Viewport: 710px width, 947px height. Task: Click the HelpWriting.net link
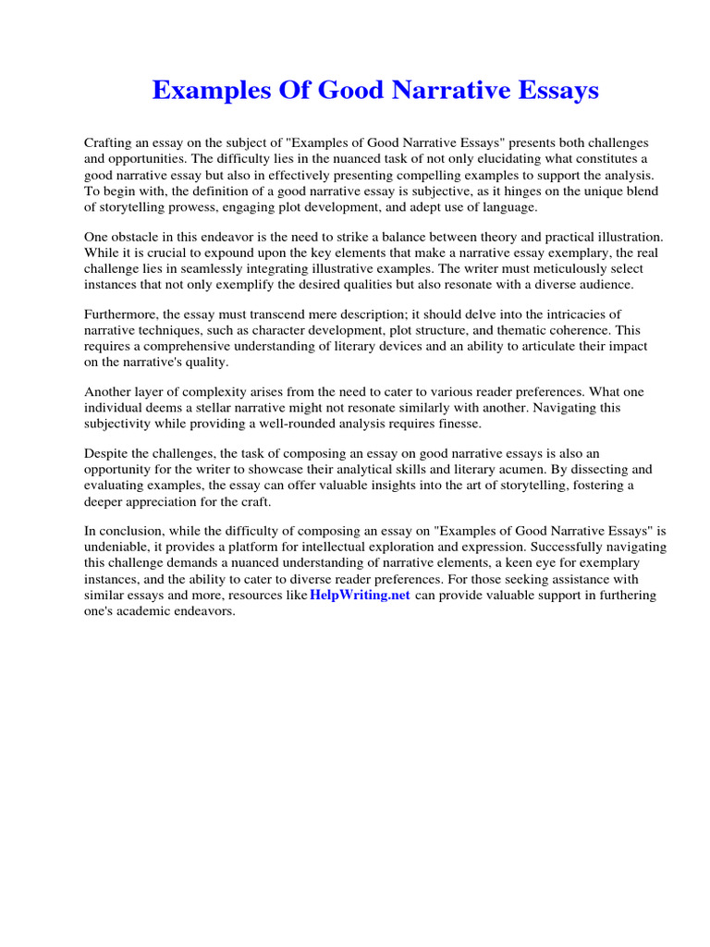point(360,596)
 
